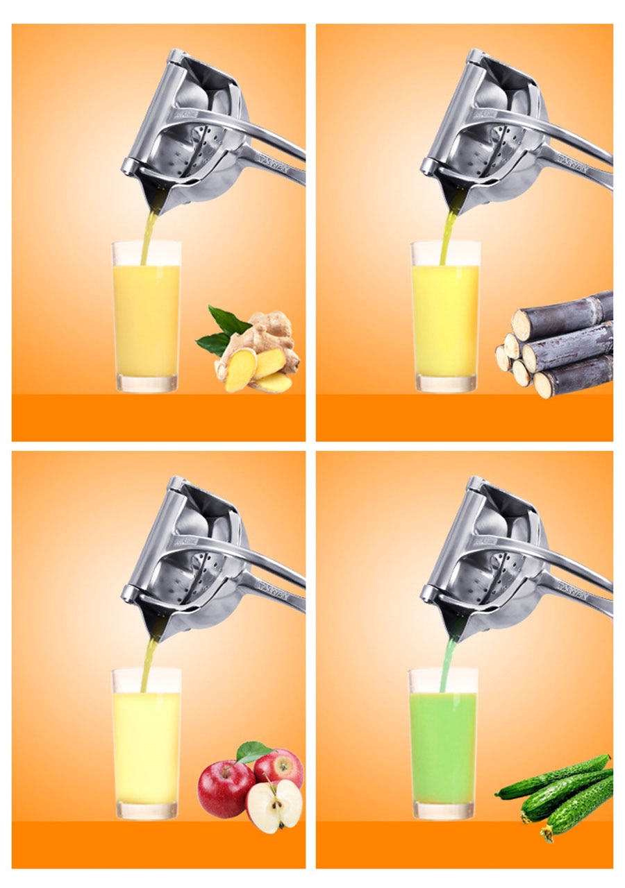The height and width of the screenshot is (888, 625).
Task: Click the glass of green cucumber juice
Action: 442,746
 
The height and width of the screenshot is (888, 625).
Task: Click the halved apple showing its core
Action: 274,805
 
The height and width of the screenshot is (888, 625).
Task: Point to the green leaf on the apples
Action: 251,751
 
